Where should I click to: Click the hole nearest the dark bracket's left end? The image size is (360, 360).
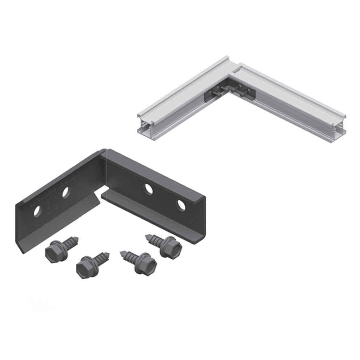[37, 211]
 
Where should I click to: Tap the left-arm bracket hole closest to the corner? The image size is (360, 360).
[66, 192]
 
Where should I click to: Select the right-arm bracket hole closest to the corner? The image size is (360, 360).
[148, 189]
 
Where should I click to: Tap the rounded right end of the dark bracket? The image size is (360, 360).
[203, 220]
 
